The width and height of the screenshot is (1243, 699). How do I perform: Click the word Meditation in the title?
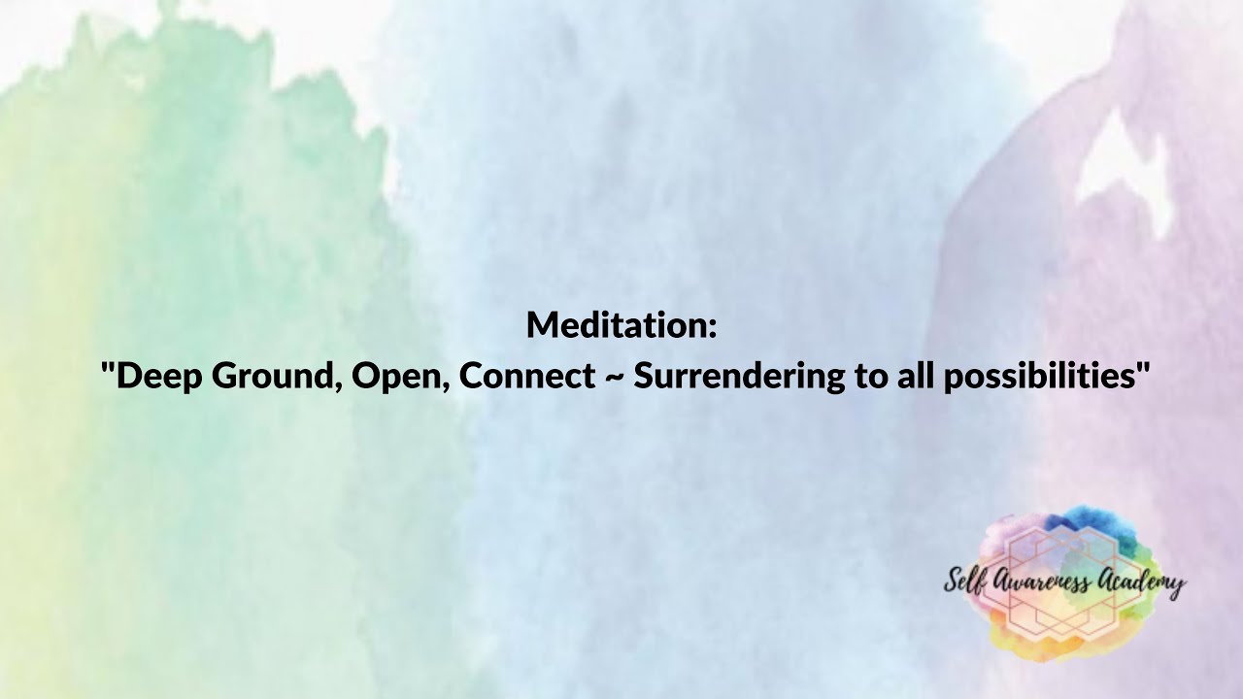(616, 325)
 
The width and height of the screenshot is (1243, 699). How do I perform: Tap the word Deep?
(155, 376)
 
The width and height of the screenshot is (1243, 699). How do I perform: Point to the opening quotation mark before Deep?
(108, 366)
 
